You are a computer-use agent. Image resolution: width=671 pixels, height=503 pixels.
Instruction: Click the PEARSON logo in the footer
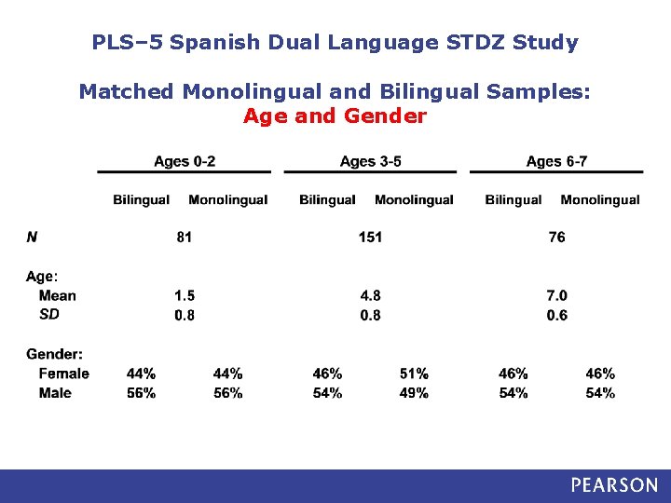pos(614,485)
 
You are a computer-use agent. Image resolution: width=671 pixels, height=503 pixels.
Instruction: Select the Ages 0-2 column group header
pos(185,161)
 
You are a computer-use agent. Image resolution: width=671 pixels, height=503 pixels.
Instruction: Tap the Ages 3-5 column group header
pos(371,161)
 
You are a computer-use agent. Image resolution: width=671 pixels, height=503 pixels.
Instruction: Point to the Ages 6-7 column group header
pos(556,161)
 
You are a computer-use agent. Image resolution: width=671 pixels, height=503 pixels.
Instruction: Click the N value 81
pos(185,237)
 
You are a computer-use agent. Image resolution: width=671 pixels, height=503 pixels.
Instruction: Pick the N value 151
pos(370,237)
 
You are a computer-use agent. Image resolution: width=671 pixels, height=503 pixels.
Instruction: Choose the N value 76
pos(556,237)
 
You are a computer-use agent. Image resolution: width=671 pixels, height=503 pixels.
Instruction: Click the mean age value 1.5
pos(185,295)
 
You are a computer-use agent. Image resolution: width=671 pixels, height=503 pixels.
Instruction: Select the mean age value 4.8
pos(370,295)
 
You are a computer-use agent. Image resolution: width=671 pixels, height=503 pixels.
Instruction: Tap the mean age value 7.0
pos(556,295)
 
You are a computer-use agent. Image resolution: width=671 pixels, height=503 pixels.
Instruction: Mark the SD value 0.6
pos(556,315)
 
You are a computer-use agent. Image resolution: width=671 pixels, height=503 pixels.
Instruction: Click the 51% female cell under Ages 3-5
pos(414,374)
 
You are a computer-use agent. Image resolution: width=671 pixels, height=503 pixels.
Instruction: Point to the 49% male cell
pos(414,393)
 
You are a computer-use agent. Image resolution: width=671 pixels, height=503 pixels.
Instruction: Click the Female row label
pos(64,374)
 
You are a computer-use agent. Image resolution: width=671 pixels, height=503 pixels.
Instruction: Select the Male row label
pos(55,393)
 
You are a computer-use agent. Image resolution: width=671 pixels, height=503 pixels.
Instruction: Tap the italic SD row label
pos(49,315)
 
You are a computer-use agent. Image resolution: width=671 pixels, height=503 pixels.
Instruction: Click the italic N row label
pos(32,237)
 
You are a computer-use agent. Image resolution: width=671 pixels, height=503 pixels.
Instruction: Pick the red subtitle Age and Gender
pos(335,116)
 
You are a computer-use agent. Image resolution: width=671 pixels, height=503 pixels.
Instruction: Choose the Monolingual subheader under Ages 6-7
pos(600,199)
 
